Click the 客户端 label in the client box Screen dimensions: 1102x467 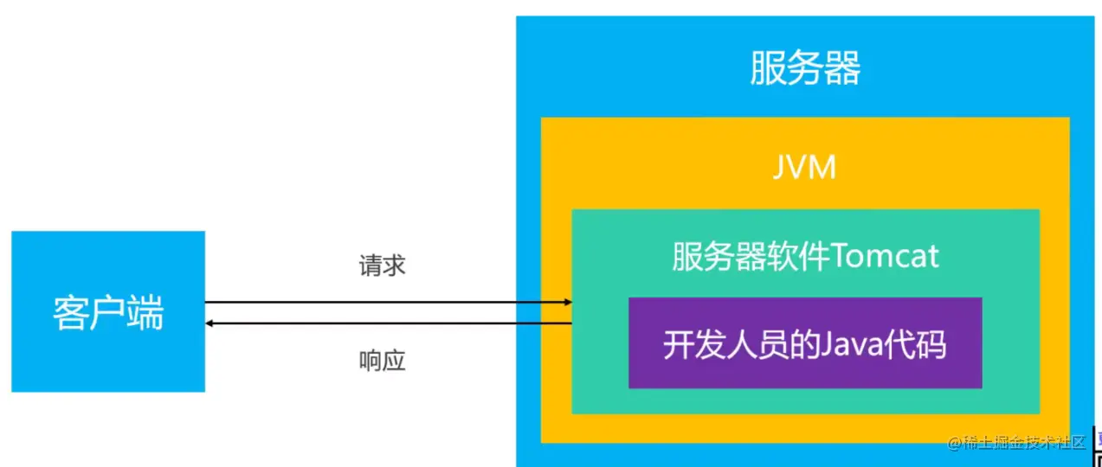107,312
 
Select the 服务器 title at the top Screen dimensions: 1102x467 805,68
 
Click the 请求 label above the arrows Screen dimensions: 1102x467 382,265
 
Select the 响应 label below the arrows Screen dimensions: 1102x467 382,361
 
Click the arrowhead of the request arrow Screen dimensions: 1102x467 568,302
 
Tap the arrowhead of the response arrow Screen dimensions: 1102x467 209,323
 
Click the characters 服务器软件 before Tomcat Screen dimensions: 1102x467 751,257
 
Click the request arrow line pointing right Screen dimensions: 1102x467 390,302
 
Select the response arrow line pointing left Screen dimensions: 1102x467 390,323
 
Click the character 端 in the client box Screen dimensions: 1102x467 145,312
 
